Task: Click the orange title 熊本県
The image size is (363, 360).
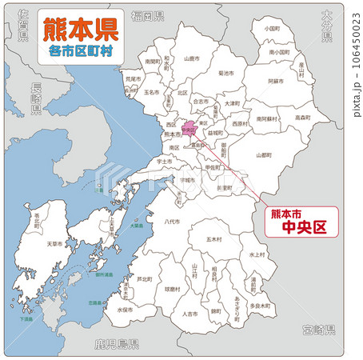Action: [x=79, y=31]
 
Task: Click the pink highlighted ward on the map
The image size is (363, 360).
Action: [x=189, y=128]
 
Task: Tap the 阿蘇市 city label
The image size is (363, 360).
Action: [x=274, y=81]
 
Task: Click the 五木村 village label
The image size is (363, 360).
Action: [x=213, y=238]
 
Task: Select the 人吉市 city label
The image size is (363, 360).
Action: [x=189, y=314]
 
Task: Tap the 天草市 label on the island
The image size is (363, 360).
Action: [x=54, y=242]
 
